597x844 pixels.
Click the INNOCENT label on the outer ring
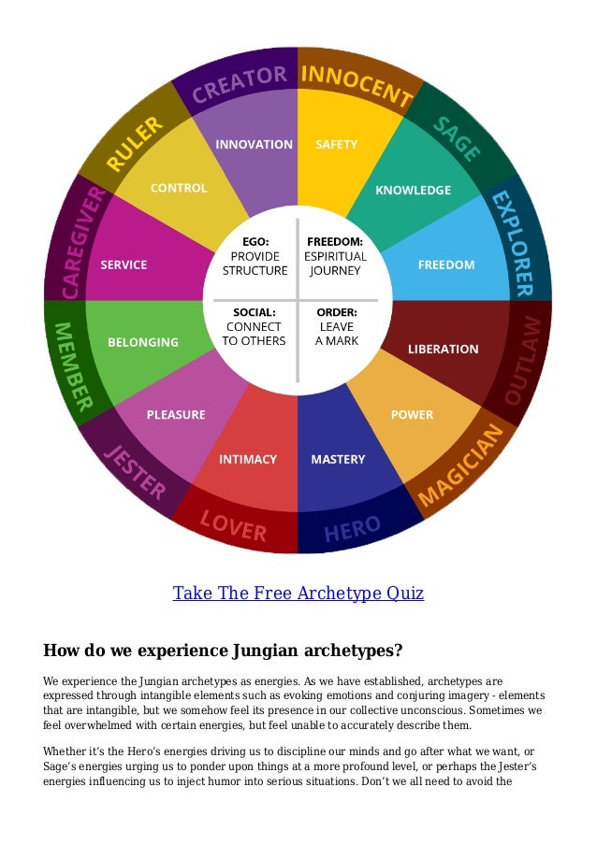pos(355,85)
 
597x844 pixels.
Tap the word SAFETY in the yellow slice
pos(336,145)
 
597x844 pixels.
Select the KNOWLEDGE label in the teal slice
pos(413,191)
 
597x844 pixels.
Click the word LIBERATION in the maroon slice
pos(443,349)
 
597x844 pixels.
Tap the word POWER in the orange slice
pos(412,415)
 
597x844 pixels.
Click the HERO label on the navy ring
pos(352,531)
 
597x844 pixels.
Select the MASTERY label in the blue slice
pos(338,459)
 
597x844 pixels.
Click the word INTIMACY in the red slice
pos(248,459)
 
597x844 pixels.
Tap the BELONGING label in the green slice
pos(143,342)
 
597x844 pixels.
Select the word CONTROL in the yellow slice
pos(179,188)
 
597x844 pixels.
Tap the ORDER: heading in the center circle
pos(337,312)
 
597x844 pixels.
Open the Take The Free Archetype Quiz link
pos(298,594)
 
